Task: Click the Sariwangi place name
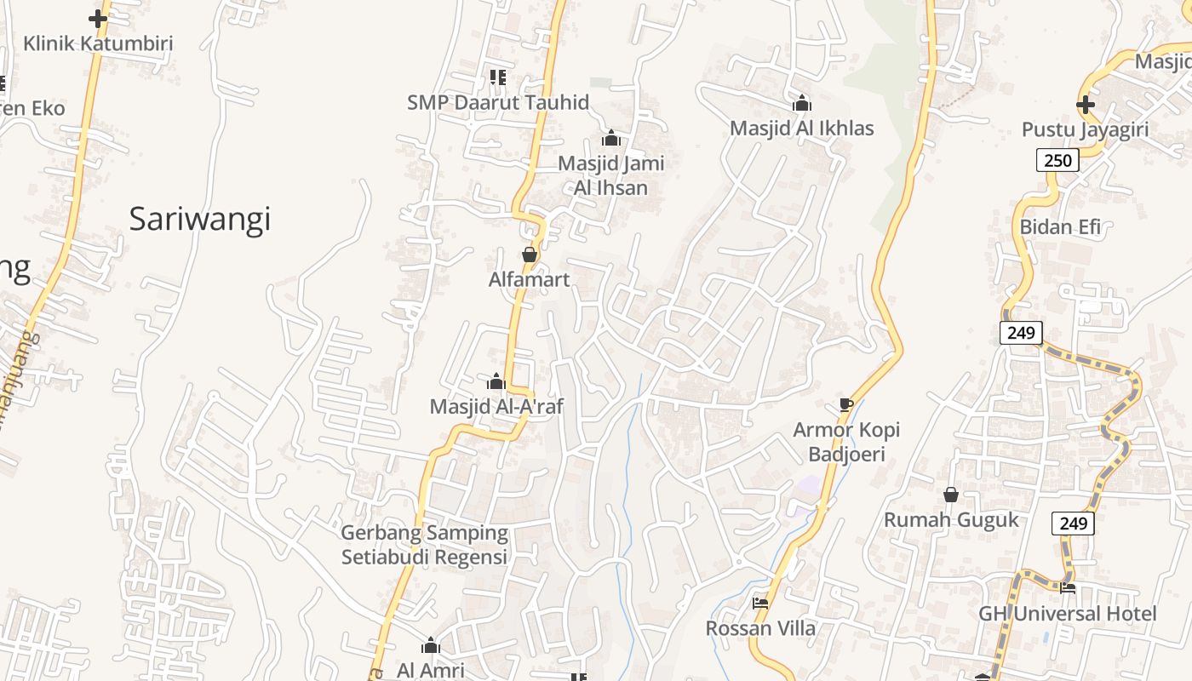click(199, 220)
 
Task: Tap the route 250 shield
click(1057, 160)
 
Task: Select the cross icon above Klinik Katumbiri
click(98, 18)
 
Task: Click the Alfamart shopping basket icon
click(529, 255)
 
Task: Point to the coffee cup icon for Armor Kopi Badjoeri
click(845, 404)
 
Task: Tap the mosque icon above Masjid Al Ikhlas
click(801, 104)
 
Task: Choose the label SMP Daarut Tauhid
click(498, 102)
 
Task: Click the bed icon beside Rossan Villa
click(760, 603)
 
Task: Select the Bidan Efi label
click(1060, 226)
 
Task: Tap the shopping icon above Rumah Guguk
click(951, 495)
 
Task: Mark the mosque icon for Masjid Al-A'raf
click(496, 381)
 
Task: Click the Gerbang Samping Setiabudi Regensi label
click(424, 545)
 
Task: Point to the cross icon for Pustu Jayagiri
click(1085, 105)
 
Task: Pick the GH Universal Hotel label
click(1067, 614)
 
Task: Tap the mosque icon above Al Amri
click(431, 645)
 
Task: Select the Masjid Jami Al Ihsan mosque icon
click(610, 138)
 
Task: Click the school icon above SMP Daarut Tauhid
click(498, 77)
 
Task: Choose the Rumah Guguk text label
click(951, 520)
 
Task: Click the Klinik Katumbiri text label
click(98, 43)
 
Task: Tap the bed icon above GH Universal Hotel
click(1068, 587)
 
